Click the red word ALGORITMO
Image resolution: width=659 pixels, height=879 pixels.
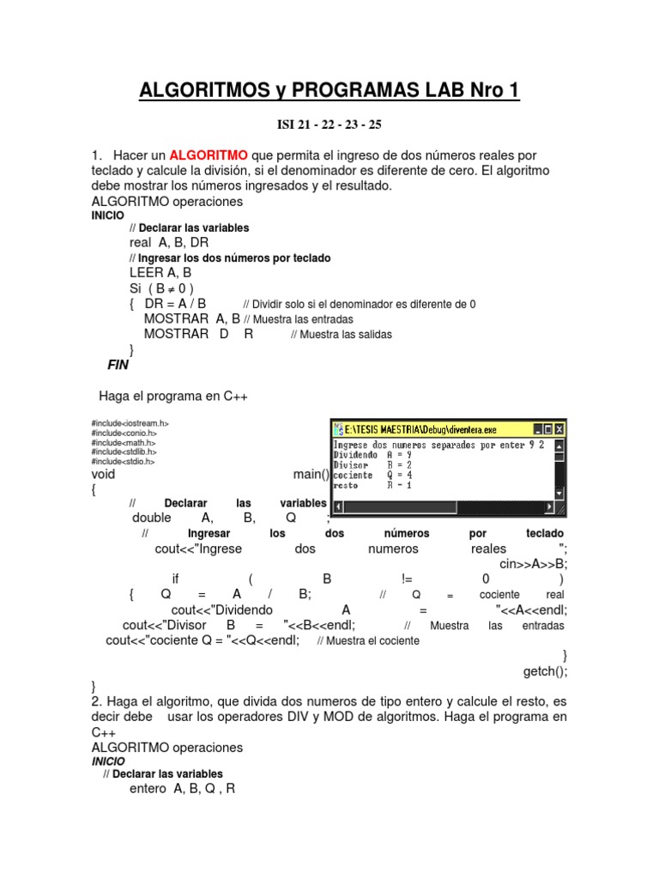209,155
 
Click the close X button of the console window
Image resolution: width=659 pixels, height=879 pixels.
559,428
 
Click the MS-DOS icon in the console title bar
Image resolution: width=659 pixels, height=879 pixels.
337,428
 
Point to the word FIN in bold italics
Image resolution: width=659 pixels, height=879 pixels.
118,365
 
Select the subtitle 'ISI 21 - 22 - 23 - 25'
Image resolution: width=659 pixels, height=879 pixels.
329,124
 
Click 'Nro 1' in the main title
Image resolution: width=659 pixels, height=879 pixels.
487,90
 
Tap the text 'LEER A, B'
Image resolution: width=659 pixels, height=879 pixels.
160,272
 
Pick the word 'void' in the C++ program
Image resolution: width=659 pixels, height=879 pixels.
103,474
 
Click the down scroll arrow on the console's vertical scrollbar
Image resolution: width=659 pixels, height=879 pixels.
559,494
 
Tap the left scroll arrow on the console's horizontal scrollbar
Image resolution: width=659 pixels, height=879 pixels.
336,506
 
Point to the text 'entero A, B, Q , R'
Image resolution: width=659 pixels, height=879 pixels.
181,788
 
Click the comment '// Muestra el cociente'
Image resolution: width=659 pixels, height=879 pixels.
368,641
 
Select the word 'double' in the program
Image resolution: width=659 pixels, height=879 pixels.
151,518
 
